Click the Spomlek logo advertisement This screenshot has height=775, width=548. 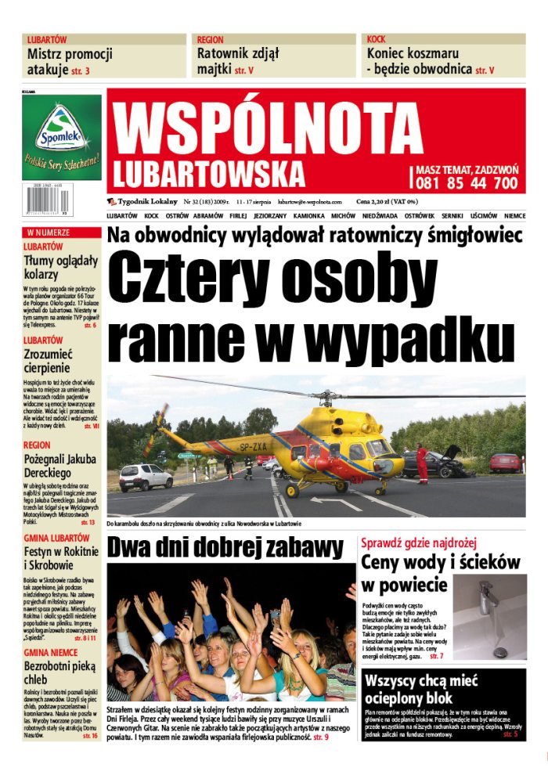coord(62,140)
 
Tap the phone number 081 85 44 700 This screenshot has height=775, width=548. coord(467,183)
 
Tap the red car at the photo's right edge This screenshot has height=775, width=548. coord(505,462)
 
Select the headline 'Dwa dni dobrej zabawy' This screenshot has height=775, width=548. coord(225,547)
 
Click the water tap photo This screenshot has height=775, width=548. coord(490,618)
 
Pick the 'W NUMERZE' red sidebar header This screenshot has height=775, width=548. coord(49,232)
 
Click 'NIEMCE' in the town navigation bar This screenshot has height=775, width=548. coord(514,215)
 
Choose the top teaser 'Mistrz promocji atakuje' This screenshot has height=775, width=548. coord(70,62)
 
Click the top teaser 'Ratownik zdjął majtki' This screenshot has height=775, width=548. coord(238,62)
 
